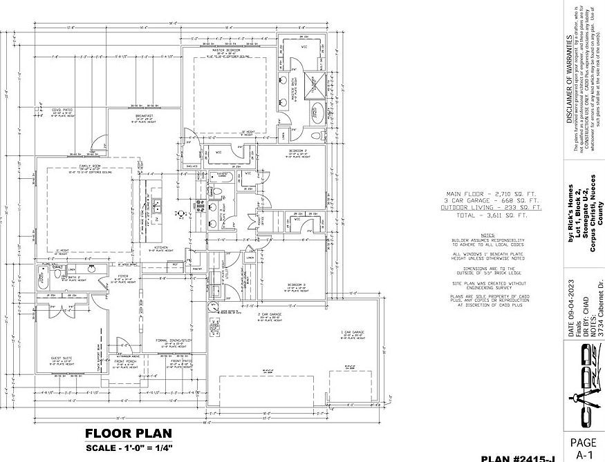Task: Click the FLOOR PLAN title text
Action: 129,434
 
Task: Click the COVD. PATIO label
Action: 63,109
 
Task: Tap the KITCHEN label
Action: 162,247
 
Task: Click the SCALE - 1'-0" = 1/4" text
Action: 129,448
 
